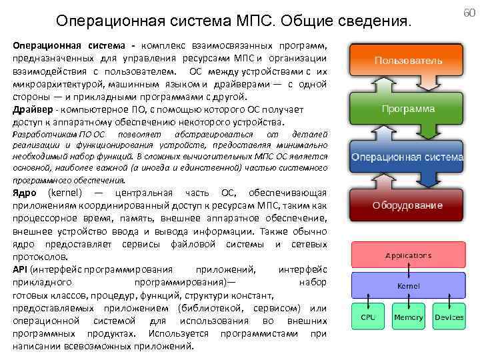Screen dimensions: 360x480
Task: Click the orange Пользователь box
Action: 407,60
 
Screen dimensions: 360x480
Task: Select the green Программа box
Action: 407,108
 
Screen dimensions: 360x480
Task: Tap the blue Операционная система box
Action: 407,157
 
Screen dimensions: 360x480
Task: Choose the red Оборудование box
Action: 407,205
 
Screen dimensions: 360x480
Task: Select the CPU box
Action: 368,317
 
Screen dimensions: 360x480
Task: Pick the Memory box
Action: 408,317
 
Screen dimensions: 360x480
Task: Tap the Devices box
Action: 449,317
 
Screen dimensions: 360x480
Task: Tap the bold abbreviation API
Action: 20,269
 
